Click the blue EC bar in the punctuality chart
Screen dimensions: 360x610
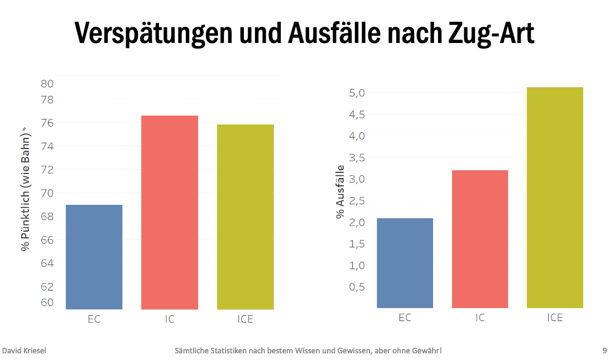tap(94, 257)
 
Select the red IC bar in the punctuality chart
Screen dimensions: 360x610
tap(170, 212)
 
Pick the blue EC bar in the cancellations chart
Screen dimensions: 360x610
tap(405, 263)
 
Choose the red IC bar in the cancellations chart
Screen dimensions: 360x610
tap(480, 239)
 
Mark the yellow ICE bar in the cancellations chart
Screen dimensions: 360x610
tap(555, 198)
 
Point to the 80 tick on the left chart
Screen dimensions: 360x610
tap(47, 84)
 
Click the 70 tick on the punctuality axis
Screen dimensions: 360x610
tap(47, 193)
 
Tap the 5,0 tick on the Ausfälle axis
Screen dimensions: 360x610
tap(357, 93)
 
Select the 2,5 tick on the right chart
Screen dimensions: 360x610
tap(357, 200)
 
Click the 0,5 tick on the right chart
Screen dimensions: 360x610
tap(357, 287)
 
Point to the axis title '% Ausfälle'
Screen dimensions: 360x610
tap(340, 192)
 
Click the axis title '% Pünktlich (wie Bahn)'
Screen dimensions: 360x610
tap(25, 189)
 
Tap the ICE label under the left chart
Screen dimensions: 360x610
tap(245, 319)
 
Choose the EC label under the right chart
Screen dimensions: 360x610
tap(405, 318)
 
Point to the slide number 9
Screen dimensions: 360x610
tap(604, 351)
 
